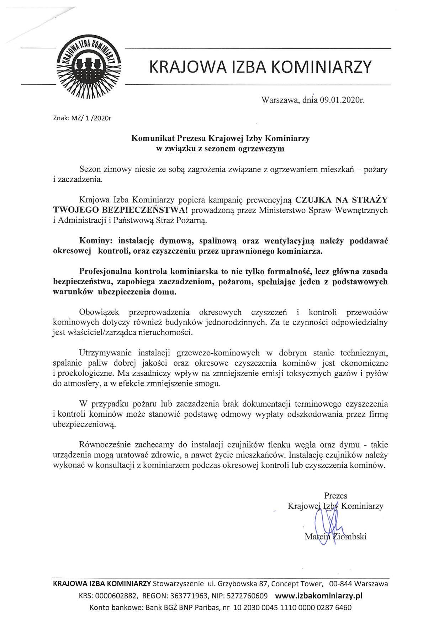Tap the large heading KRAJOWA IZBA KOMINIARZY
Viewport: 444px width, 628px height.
tap(260, 67)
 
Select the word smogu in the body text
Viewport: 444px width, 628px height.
tap(210, 384)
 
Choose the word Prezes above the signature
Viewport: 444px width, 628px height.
tap(335, 496)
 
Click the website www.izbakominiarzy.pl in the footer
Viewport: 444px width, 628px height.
tap(319, 596)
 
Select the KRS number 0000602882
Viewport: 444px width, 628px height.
tap(115, 596)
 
